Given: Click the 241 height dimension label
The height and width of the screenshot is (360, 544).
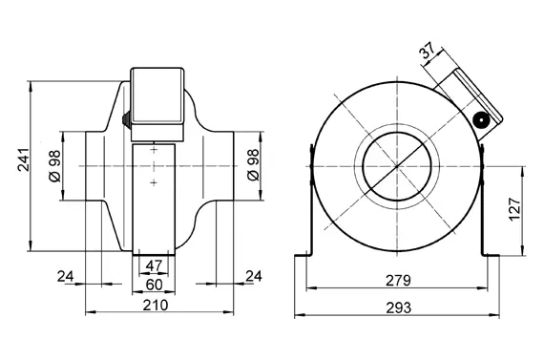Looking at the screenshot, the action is click(23, 159).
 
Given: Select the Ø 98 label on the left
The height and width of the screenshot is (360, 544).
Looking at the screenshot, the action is click(54, 166).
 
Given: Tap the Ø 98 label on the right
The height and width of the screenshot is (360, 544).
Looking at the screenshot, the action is click(253, 165).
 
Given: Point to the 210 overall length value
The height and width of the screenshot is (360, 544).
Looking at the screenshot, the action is click(156, 306).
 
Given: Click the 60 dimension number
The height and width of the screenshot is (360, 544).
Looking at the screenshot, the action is click(154, 285).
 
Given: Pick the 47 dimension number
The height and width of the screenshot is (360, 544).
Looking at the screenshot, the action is click(154, 265).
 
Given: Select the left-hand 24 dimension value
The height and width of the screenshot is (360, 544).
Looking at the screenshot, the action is click(66, 277).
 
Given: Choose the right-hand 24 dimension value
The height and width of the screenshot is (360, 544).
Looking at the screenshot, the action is click(254, 276).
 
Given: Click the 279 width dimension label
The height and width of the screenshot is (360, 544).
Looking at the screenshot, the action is click(398, 280).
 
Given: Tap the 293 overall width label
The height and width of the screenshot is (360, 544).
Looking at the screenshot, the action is click(398, 307).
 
